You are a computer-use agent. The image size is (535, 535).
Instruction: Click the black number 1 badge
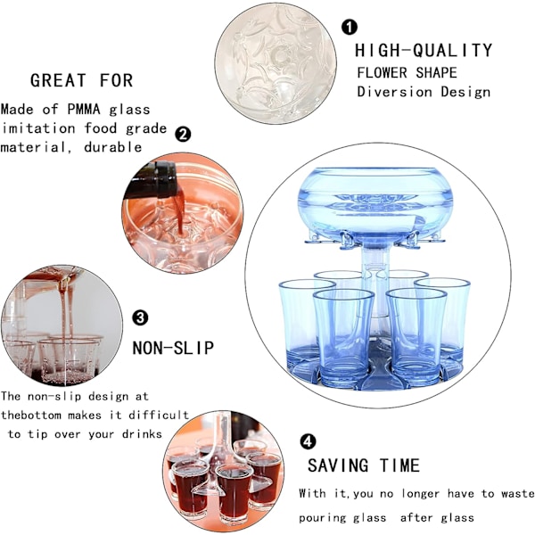(x=349, y=27)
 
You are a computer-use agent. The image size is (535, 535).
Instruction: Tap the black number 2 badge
(x=183, y=135)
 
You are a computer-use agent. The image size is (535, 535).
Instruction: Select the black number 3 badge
(x=140, y=318)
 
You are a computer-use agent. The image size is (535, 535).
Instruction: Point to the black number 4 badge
(x=308, y=442)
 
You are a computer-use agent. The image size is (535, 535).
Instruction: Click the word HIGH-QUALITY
(x=424, y=51)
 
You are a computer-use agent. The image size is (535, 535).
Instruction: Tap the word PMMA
(x=84, y=110)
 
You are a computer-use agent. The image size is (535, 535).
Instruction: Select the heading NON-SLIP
(x=173, y=348)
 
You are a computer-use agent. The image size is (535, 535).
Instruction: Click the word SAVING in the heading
(x=338, y=465)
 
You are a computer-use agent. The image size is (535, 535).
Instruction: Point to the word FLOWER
(x=383, y=73)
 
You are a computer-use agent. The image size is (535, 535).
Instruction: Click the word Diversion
(x=394, y=92)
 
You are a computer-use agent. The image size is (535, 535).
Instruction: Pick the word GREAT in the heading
(x=58, y=80)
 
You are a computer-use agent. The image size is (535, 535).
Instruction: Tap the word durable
(x=113, y=147)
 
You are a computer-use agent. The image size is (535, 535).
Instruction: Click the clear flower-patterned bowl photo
(x=276, y=63)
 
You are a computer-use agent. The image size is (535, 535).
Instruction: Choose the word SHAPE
(x=436, y=73)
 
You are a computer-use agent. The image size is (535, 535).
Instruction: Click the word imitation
(x=39, y=128)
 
